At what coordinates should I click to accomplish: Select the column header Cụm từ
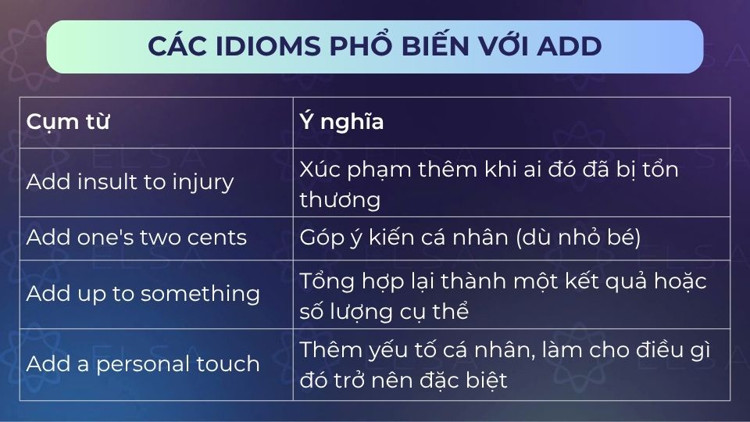tap(68, 123)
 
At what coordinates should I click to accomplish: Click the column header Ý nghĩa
tap(341, 123)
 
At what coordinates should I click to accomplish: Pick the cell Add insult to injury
tap(130, 182)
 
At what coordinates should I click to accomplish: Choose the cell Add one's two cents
tap(137, 238)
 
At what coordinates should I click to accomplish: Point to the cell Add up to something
tap(143, 294)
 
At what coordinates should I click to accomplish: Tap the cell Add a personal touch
tap(143, 363)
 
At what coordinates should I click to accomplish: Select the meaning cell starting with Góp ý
tap(470, 238)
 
